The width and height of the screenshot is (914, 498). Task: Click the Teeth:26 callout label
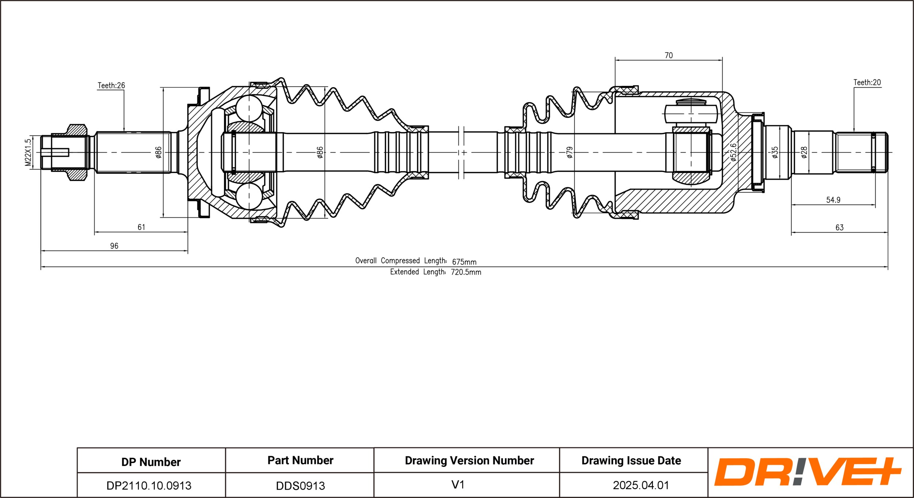(x=111, y=85)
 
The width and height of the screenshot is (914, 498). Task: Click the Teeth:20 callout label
(x=867, y=83)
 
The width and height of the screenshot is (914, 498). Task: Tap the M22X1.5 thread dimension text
(x=28, y=152)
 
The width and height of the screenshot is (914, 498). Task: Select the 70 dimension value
(x=668, y=56)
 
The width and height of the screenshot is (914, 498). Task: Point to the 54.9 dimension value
(x=833, y=200)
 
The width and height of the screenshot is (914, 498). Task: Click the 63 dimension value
(x=839, y=228)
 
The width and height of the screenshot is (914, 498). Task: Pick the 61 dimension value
(x=141, y=227)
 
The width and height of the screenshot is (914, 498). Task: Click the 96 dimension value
(x=114, y=246)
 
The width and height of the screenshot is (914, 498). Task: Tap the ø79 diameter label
(x=569, y=152)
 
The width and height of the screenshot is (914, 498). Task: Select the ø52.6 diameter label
(x=733, y=152)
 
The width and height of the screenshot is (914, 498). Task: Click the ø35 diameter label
(x=775, y=152)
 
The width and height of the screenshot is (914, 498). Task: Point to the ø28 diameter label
(x=804, y=152)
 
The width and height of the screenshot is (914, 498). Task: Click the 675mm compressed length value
(x=464, y=262)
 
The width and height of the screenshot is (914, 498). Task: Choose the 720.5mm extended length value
(x=466, y=272)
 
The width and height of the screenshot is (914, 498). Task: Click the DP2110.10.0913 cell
(x=149, y=486)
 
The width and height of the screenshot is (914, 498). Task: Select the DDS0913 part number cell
(x=300, y=486)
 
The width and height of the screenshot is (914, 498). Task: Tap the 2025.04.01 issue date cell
(x=641, y=485)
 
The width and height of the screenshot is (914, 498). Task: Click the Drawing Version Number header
(x=469, y=460)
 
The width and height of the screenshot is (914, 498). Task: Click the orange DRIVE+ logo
(x=807, y=472)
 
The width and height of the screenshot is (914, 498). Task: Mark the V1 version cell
(x=458, y=484)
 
